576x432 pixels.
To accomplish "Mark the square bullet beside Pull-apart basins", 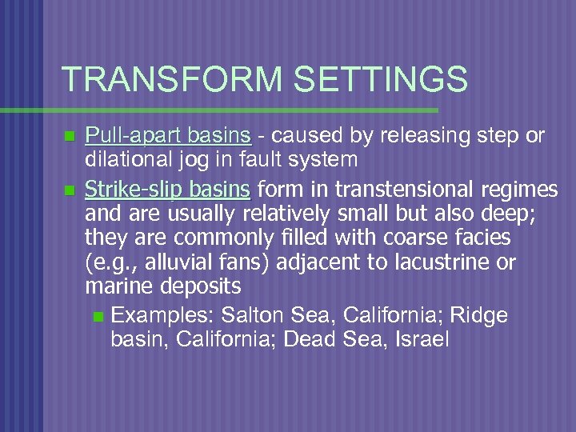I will point(70,137).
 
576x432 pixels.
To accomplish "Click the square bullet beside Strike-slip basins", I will point(70,191).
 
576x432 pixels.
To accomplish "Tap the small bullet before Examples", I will point(98,316).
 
